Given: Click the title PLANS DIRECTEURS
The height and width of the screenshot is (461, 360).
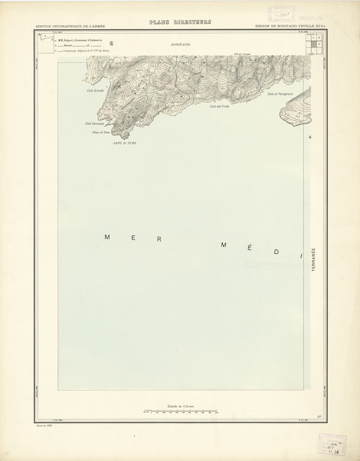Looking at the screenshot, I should [x=180, y=22].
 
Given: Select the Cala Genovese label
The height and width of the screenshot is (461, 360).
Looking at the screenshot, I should [x=94, y=124].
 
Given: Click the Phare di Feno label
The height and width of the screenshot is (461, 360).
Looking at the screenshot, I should [x=101, y=133].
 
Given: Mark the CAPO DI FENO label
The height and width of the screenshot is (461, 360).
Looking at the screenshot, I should [x=125, y=143].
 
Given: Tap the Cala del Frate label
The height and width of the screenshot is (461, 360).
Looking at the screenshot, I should [x=219, y=107].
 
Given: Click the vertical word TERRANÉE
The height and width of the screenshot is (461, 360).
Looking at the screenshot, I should [x=314, y=260].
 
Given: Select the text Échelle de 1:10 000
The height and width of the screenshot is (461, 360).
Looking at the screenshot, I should [x=181, y=406].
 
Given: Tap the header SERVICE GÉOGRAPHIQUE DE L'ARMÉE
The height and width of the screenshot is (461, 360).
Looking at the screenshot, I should [x=71, y=26].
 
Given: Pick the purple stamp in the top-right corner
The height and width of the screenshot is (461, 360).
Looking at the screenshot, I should [x=281, y=14].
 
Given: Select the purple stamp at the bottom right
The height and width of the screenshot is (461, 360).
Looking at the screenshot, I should [x=333, y=444].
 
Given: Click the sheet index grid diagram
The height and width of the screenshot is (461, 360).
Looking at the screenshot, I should [x=315, y=43].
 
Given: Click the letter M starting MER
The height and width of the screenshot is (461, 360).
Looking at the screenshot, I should [x=107, y=237].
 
